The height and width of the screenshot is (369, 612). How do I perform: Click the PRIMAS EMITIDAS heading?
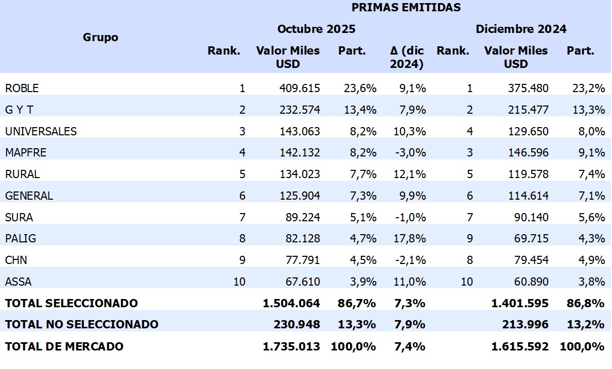pyautogui.click(x=406, y=8)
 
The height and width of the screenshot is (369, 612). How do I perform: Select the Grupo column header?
pyautogui.click(x=100, y=38)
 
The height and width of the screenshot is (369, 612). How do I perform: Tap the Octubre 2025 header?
pyautogui.click(x=316, y=29)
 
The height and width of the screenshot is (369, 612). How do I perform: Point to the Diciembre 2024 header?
pyautogui.click(x=520, y=29)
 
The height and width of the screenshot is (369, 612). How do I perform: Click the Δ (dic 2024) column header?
pyautogui.click(x=407, y=57)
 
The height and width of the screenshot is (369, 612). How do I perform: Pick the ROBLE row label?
pyautogui.click(x=22, y=89)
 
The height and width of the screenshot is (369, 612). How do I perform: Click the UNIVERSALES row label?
pyautogui.click(x=41, y=132)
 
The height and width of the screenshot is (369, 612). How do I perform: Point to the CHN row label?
pyautogui.click(x=16, y=260)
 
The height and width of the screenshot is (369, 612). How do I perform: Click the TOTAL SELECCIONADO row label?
pyautogui.click(x=72, y=304)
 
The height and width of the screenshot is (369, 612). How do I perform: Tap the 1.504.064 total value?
pyautogui.click(x=291, y=304)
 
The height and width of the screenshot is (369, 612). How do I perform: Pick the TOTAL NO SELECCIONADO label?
pyautogui.click(x=82, y=325)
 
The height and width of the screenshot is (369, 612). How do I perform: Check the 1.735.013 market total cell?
pyautogui.click(x=291, y=346)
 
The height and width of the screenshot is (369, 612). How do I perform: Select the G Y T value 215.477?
pyautogui.click(x=530, y=110)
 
